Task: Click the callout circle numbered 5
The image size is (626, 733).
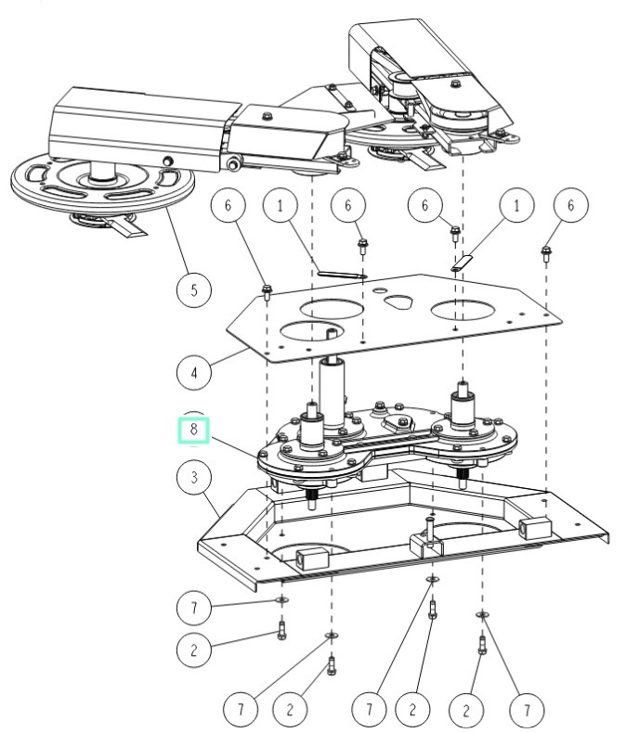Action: click(x=193, y=289)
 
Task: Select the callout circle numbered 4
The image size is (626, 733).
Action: click(x=193, y=374)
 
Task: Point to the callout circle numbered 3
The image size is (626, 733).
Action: click(x=193, y=480)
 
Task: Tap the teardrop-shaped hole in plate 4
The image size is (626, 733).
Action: click(x=398, y=302)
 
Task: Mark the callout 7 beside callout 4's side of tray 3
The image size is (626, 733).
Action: click(x=192, y=609)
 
